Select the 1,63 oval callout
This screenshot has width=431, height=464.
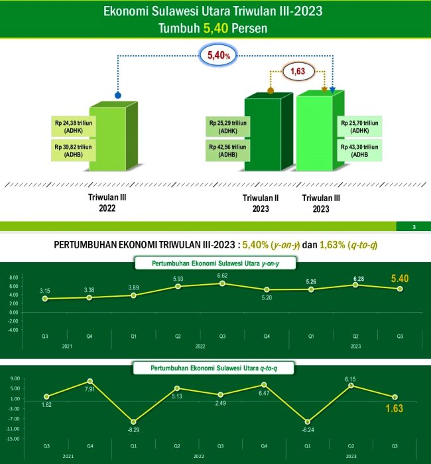point(299,70)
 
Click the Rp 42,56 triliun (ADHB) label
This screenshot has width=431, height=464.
point(227,151)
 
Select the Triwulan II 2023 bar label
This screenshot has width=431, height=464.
point(261,202)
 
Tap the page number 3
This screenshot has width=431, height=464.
point(414,228)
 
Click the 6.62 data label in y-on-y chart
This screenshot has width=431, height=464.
point(222,275)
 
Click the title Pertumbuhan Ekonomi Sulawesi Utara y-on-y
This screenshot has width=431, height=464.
point(215,264)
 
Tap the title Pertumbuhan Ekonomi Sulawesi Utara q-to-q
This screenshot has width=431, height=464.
point(215,367)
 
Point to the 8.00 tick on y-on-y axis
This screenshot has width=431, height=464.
point(13,278)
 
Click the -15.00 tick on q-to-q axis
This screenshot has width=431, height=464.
point(13,439)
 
